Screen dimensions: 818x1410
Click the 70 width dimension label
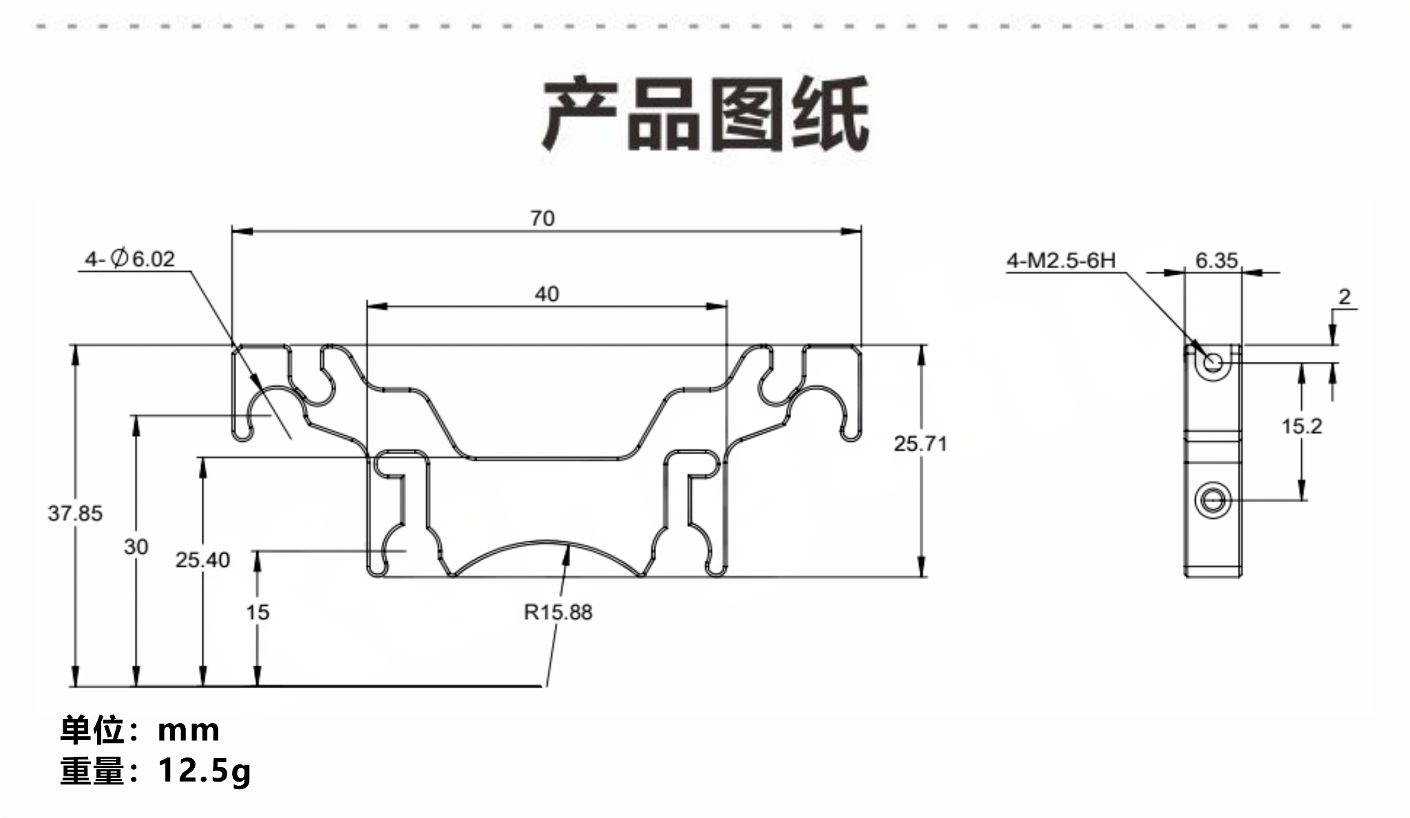[542, 218]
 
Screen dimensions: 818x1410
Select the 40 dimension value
[546, 294]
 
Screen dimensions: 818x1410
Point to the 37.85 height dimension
[75, 513]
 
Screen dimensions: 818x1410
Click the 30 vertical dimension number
[136, 547]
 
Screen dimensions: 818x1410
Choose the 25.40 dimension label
[202, 560]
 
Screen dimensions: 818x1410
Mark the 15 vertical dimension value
[257, 612]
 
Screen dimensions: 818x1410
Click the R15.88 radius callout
[558, 612]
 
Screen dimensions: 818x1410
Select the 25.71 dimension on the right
[920, 444]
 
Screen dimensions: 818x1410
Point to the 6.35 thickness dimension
[1216, 260]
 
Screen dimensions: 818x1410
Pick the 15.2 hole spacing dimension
[1301, 426]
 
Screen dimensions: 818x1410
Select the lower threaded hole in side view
[1213, 500]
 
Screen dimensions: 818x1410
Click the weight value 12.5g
[204, 770]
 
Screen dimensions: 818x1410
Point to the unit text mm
[189, 730]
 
